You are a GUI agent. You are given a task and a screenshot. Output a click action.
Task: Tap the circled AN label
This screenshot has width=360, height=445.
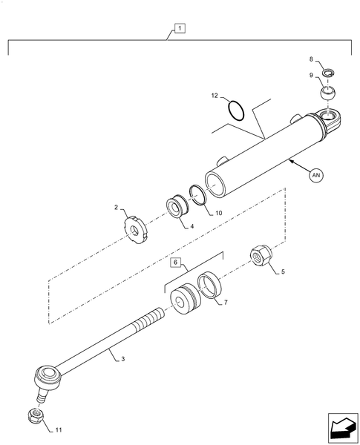[315, 175]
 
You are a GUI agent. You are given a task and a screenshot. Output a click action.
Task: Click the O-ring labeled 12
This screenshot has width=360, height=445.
[235, 111]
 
